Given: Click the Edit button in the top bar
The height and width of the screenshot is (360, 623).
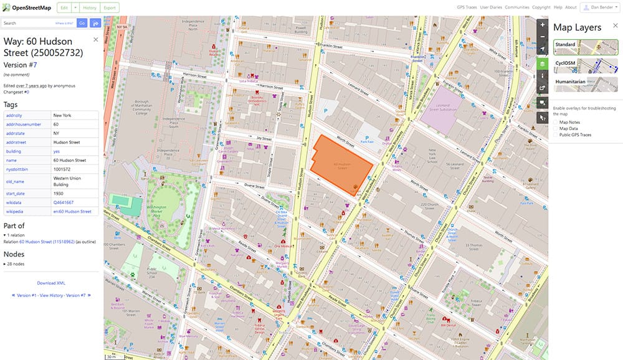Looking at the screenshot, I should coord(64,7).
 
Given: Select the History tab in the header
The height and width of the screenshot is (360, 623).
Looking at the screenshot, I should coord(90,7).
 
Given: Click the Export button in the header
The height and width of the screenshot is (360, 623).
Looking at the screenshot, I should coord(110,7).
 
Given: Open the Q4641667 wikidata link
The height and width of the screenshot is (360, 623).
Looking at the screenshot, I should coord(64,202).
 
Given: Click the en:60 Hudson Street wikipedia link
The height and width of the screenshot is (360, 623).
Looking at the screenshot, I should coord(72,212).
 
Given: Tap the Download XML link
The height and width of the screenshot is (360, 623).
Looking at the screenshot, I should coord(51,283).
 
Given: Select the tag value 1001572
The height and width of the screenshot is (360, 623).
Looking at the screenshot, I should coord(62,168).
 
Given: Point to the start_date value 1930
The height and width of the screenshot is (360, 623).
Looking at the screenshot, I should coord(59,193).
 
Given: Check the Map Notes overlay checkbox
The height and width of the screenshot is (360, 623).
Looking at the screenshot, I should coord(556,122).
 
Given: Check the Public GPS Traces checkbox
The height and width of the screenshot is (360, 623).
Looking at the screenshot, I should coord(556,135).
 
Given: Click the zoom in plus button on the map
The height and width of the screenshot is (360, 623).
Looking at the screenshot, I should coord(543,25).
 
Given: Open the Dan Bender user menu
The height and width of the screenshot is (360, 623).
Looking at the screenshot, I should coord(599,7).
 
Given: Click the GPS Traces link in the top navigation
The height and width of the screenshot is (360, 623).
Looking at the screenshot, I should coord(468,7).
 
